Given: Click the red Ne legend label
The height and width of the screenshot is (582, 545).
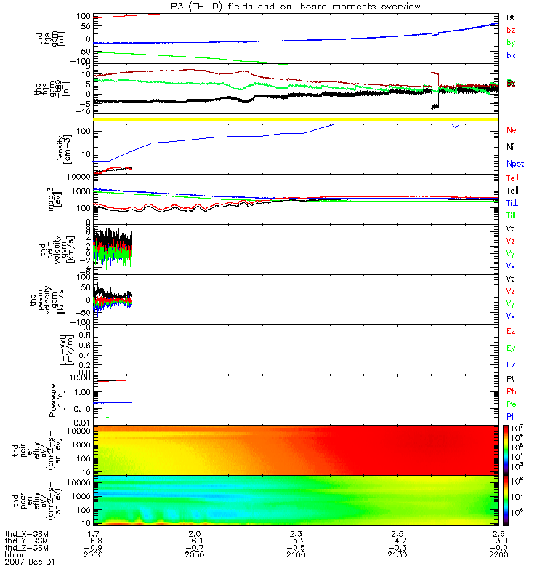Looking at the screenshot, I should coord(512,130).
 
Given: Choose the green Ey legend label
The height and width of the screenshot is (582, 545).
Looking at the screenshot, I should coord(512,348).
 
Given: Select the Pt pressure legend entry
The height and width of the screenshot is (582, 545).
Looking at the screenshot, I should coord(511,380).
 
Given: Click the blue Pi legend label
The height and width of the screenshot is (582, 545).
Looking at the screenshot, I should coord(511,416).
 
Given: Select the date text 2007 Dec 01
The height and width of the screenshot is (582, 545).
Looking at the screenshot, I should coord(30,562).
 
